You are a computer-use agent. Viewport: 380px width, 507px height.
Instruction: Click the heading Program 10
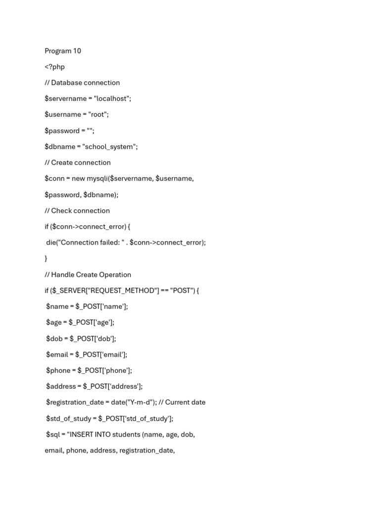[x=63, y=51]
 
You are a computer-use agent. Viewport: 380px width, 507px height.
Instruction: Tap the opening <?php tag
[x=54, y=67]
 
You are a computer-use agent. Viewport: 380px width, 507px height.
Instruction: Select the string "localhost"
[x=112, y=99]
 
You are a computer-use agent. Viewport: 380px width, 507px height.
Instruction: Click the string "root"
[x=98, y=114]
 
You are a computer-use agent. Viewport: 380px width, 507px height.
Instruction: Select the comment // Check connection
[x=77, y=210]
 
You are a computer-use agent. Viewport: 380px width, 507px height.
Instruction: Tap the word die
[x=51, y=243]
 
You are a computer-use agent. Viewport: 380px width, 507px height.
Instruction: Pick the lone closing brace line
[x=46, y=258]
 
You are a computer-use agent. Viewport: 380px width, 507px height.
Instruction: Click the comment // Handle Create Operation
[x=88, y=275]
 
